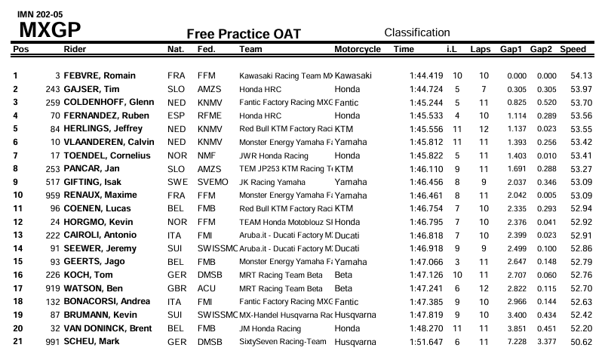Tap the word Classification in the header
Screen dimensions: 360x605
[417, 32]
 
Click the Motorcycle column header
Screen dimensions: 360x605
[357, 49]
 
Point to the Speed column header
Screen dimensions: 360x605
[573, 49]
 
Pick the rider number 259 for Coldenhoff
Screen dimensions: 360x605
[52, 102]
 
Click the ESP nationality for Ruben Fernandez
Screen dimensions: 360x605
[176, 115]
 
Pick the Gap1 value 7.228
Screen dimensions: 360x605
[516, 343]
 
